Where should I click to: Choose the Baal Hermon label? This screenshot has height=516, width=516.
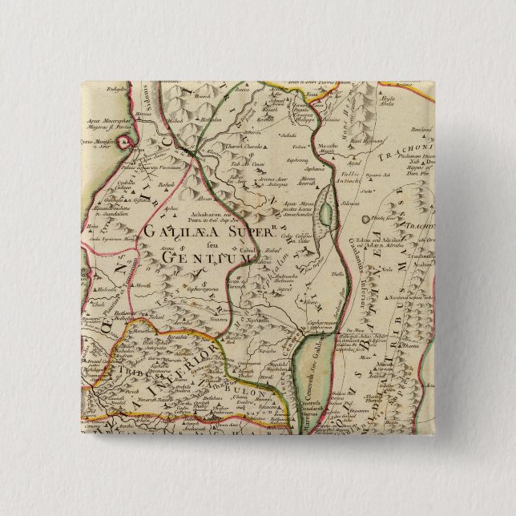tap(376, 141)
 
